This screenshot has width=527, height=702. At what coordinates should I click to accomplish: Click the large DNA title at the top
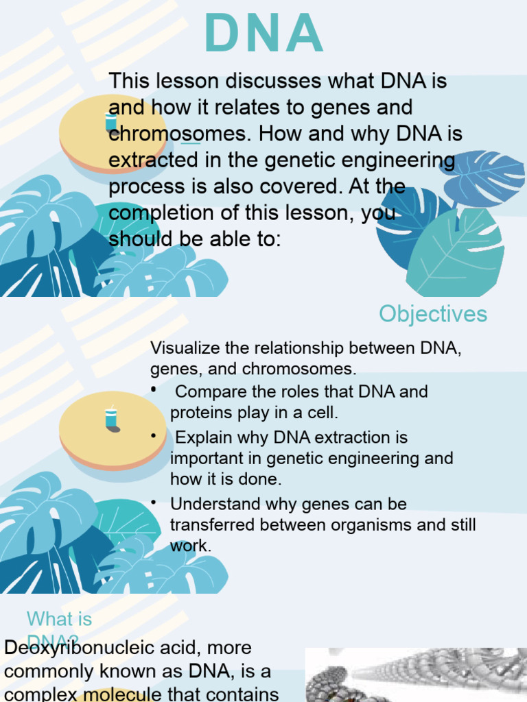tap(264, 34)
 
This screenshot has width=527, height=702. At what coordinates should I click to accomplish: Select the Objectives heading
tap(433, 314)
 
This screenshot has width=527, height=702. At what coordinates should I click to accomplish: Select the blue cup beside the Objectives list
tap(111, 418)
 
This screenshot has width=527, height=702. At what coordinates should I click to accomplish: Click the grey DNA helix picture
tap(416, 675)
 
